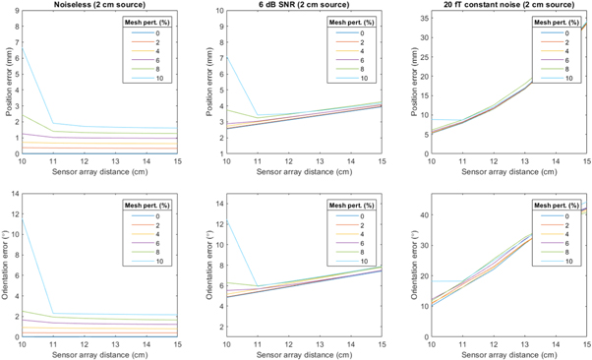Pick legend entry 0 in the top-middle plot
click(362, 34)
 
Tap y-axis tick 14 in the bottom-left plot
click(13, 192)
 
